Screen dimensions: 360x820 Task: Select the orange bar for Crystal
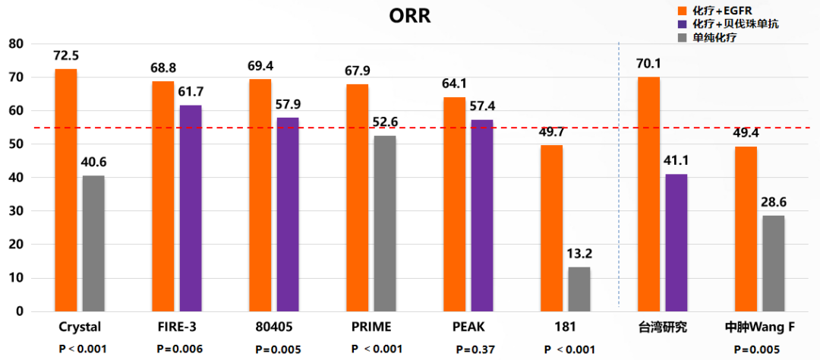click(x=66, y=190)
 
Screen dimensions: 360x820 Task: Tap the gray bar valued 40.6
click(x=93, y=243)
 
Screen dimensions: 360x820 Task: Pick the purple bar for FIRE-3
click(x=191, y=208)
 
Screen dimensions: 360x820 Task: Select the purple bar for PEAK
click(x=482, y=215)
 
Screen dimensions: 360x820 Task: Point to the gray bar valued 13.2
click(x=579, y=289)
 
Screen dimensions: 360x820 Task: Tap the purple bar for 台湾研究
click(x=676, y=242)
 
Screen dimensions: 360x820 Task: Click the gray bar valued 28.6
click(x=774, y=263)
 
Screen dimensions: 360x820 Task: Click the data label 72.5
click(x=66, y=56)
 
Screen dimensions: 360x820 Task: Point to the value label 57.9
click(x=288, y=103)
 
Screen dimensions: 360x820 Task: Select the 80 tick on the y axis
click(x=16, y=44)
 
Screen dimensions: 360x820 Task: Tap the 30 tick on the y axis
click(x=16, y=211)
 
